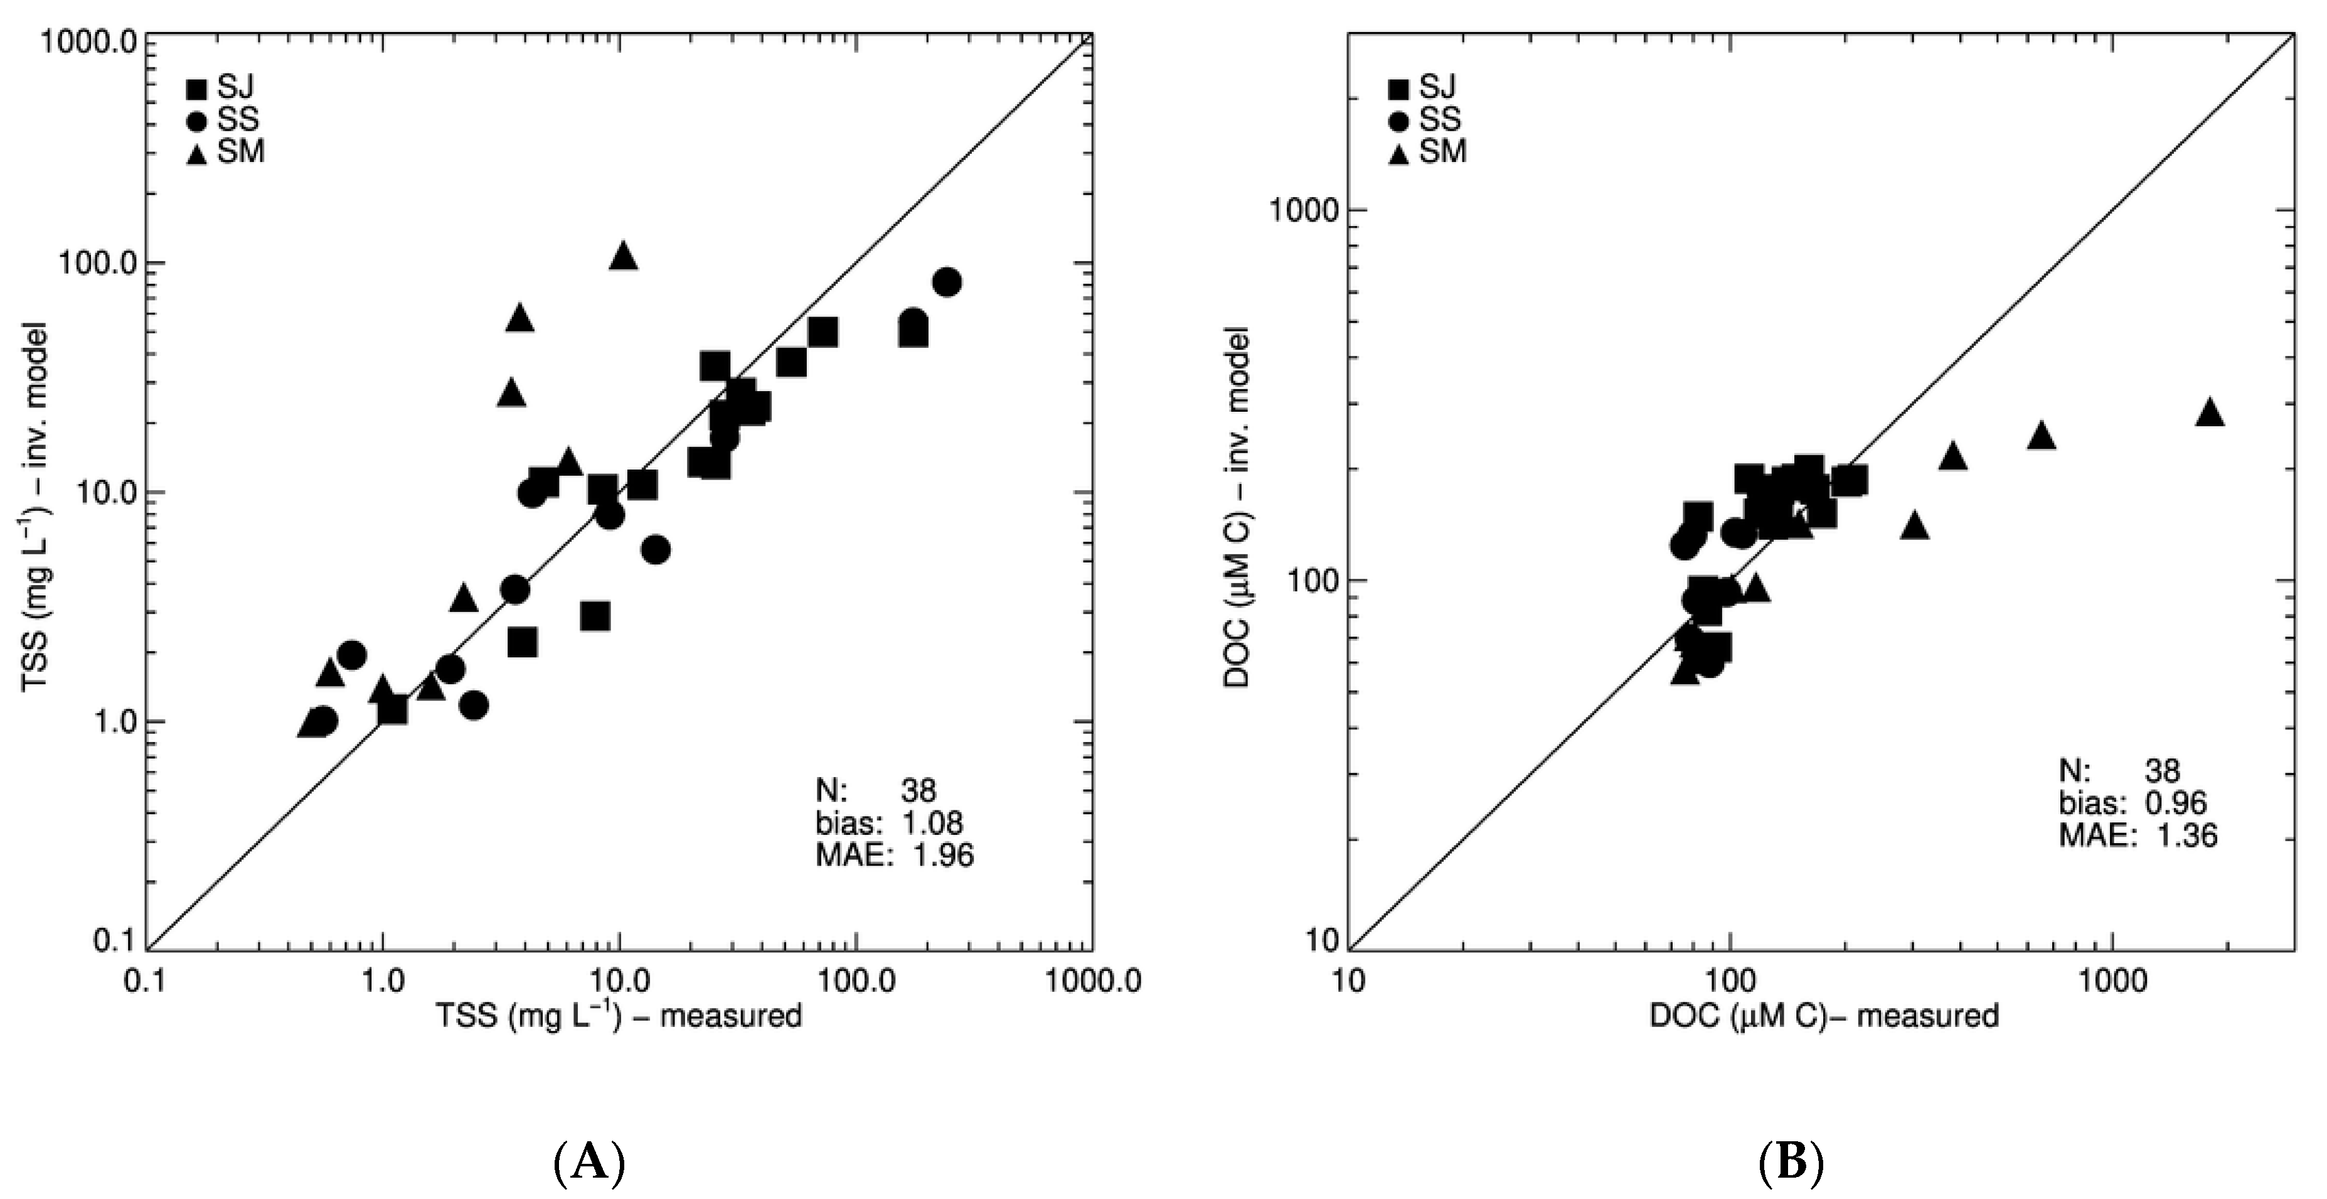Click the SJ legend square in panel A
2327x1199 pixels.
(196, 89)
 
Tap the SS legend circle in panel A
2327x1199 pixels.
(196, 120)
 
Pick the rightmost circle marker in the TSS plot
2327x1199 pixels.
(946, 282)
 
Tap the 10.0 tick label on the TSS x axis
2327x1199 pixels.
(619, 981)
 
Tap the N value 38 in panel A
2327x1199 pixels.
(918, 792)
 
